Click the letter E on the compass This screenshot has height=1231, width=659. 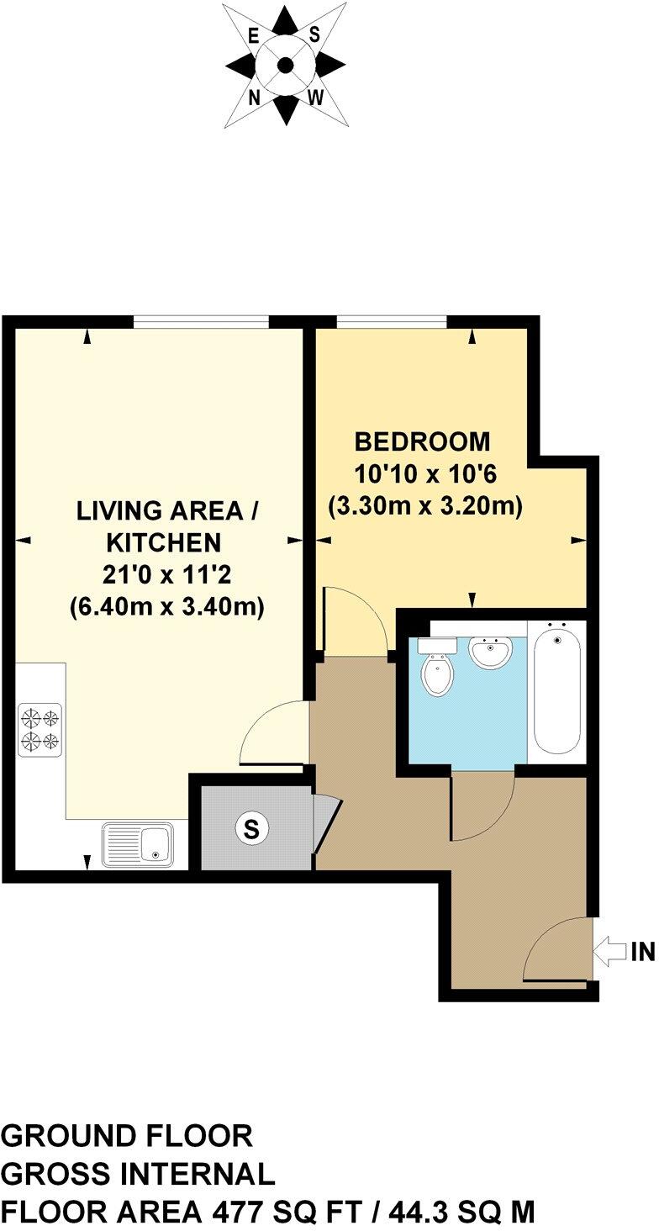(x=253, y=35)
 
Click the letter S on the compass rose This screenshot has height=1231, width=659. (x=315, y=34)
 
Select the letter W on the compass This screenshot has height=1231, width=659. (x=316, y=98)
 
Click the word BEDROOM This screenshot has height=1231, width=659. (x=422, y=441)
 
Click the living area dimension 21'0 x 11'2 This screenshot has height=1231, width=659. (x=166, y=575)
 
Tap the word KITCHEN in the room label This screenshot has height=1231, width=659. (x=166, y=542)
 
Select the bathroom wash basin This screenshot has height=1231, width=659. (x=490, y=651)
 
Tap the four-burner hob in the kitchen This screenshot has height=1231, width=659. (x=40, y=729)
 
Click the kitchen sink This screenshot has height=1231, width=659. (x=137, y=843)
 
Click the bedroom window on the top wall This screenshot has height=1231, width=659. (x=391, y=321)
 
